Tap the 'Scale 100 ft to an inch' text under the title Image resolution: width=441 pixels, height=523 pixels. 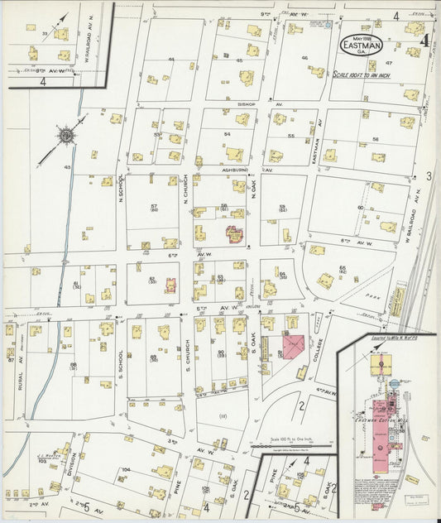pyautogui.click(x=364, y=74)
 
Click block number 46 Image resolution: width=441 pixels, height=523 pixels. pyautogui.click(x=304, y=58)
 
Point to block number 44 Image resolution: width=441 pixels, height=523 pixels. pyautogui.click(x=171, y=60)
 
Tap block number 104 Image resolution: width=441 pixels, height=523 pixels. pyautogui.click(x=126, y=469)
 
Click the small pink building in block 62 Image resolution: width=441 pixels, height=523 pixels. pyautogui.click(x=171, y=286)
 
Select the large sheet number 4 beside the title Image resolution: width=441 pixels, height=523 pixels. pyautogui.click(x=424, y=38)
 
